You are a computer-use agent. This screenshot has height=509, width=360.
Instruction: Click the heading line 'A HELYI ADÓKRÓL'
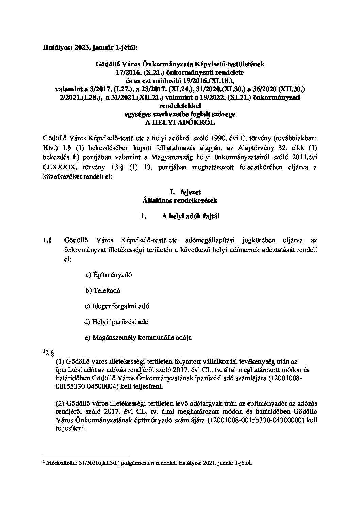tap(180, 123)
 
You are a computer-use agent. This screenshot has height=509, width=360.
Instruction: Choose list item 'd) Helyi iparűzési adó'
tap(116, 322)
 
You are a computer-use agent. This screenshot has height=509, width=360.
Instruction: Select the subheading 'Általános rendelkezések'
tap(180, 201)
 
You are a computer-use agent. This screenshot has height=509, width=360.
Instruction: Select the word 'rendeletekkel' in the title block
tap(180, 106)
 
